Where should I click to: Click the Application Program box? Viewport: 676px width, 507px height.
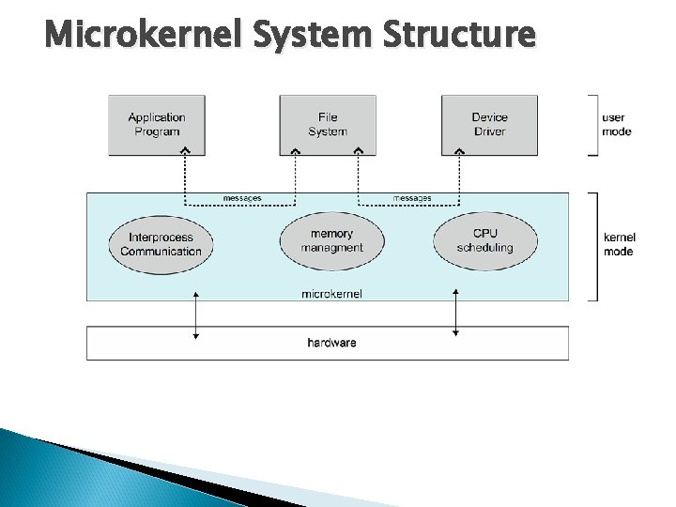click(157, 124)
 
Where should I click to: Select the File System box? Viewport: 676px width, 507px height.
click(328, 124)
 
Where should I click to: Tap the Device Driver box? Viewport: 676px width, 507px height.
click(489, 124)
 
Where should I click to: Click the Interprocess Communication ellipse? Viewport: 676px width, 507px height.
click(161, 244)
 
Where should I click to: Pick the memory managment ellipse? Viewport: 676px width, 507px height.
click(331, 240)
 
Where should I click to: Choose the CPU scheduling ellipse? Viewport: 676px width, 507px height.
click(485, 240)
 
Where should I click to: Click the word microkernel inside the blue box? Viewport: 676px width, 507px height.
click(331, 293)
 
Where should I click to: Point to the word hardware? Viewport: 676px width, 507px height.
click(331, 343)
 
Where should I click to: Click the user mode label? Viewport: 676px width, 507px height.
click(616, 124)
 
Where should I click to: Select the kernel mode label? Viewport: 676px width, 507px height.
click(618, 245)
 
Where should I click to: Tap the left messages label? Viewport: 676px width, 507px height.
click(242, 198)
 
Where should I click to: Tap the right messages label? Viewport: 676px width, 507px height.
click(412, 198)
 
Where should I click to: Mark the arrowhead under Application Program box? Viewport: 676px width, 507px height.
click(186, 151)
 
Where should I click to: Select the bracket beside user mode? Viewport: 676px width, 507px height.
click(591, 124)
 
